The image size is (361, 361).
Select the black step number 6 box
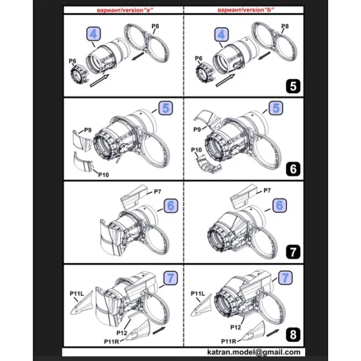click(293, 168)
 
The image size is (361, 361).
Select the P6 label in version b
click(199, 60)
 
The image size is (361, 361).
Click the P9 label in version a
click(87, 132)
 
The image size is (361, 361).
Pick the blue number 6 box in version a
click(169, 205)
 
